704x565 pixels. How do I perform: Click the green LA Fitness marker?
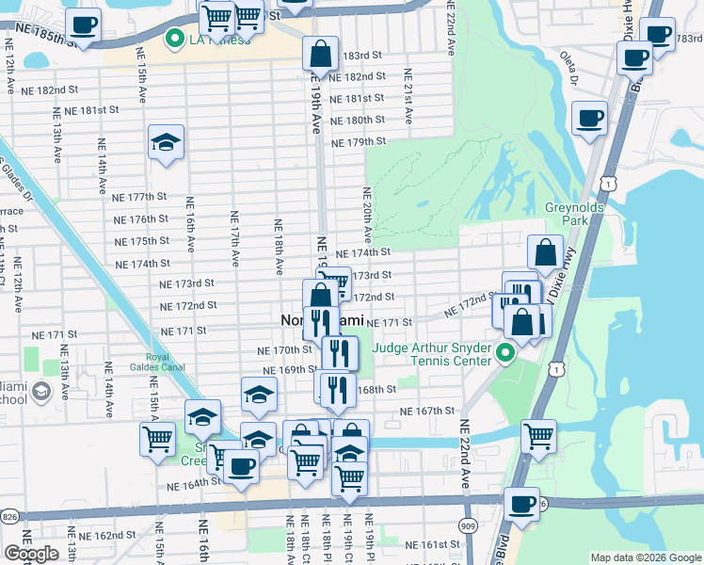tap(174, 39)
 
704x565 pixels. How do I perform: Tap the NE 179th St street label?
tap(360, 142)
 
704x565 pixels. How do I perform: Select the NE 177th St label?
tap(139, 197)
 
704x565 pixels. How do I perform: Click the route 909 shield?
tap(468, 525)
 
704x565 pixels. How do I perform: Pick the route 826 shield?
tap(10, 517)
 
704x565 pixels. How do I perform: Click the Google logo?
tap(32, 554)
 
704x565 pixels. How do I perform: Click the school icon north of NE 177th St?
tap(167, 143)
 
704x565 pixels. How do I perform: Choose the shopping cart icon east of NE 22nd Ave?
tap(538, 437)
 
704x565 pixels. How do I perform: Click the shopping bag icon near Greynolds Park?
tap(545, 252)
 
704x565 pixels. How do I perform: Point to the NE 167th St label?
tap(427, 412)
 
